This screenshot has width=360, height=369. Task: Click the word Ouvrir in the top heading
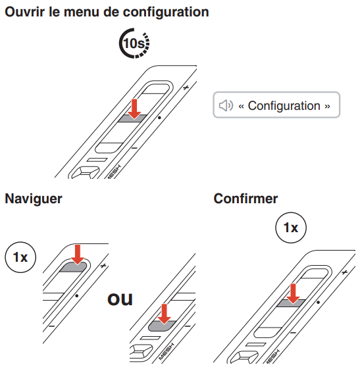coord(24,12)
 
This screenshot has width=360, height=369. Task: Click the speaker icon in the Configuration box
coord(226,105)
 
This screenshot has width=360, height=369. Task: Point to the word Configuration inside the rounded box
coord(284,105)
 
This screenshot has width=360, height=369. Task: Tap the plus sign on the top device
coord(186,86)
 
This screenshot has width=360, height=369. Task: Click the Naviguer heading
coord(34,199)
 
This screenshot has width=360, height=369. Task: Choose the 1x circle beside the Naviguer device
coord(20,257)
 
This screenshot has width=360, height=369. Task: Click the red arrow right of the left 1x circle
coord(78,255)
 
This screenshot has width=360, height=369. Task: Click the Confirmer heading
coord(245,199)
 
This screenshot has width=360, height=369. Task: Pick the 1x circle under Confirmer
coord(290,228)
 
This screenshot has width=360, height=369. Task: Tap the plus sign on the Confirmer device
coord(344,270)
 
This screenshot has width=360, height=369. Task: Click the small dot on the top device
coord(159,118)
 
